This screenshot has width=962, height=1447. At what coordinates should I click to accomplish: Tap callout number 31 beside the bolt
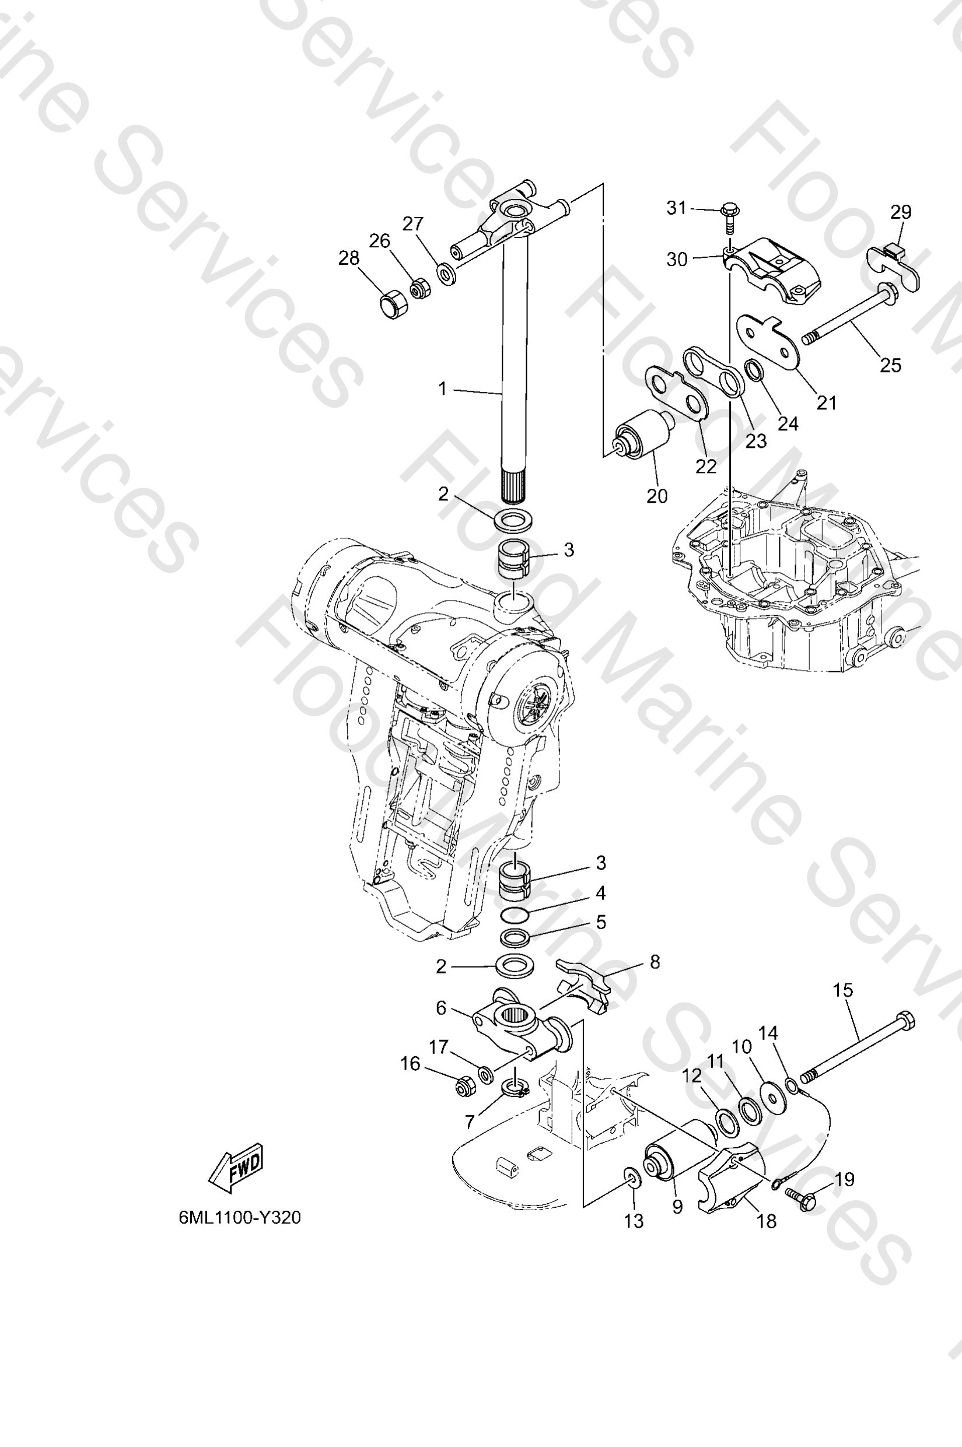[676, 209]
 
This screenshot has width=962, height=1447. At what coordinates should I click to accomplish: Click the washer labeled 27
[447, 274]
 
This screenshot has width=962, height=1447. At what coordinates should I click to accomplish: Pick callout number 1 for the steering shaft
[443, 389]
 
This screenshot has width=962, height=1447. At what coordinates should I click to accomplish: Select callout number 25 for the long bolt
[890, 366]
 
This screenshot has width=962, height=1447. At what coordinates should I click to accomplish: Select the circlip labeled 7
[515, 1089]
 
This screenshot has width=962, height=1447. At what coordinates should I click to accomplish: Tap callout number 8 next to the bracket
[655, 962]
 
